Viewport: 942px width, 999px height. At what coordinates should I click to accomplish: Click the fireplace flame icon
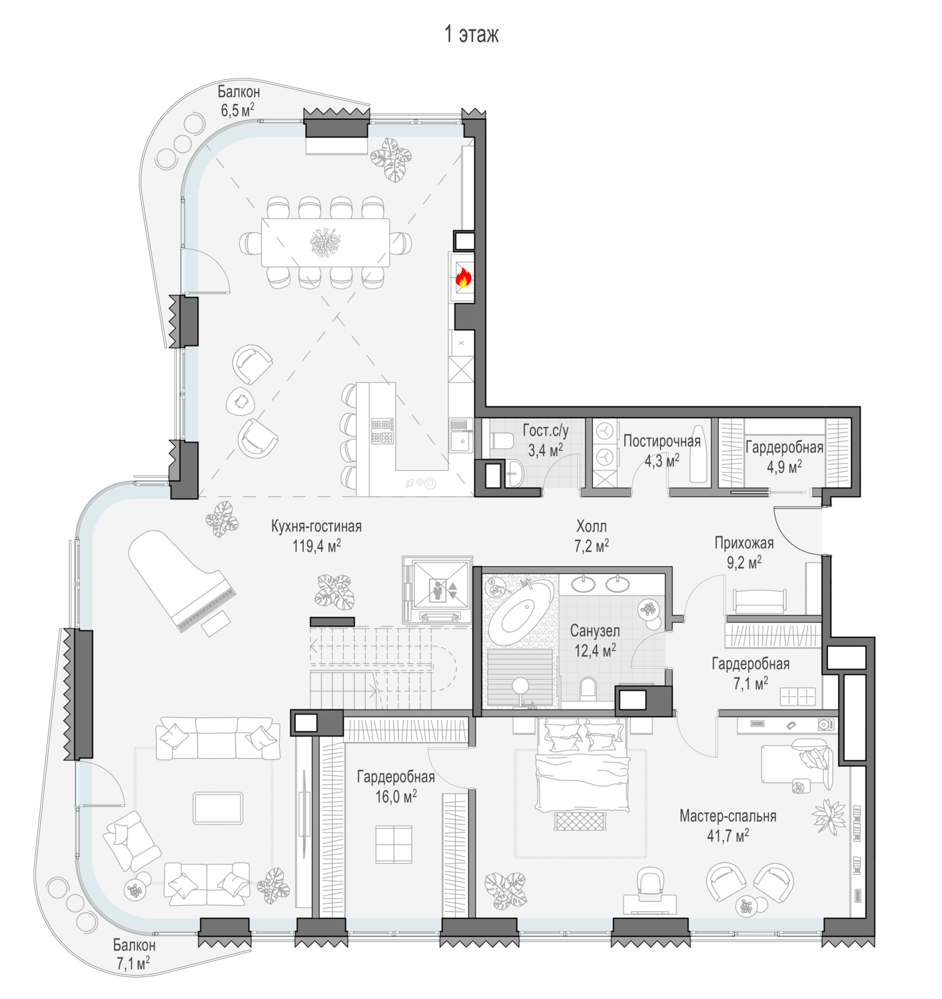463,277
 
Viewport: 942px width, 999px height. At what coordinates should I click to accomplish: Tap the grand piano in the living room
182,581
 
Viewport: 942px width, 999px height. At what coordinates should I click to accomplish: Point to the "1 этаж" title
471,34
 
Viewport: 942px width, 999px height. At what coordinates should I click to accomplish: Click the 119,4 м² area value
316,545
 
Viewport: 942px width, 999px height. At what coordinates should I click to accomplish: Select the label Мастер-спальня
727,815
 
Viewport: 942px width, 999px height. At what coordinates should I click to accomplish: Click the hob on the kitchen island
382,431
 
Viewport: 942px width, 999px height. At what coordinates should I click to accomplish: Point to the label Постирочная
662,441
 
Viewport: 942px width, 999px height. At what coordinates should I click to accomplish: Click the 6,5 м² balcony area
238,110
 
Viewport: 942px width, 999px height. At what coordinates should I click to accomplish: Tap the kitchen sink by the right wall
461,442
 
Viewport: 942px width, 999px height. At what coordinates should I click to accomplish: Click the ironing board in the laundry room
698,454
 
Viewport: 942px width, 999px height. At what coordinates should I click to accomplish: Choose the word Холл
592,527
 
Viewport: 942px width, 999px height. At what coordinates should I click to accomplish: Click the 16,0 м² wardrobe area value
396,797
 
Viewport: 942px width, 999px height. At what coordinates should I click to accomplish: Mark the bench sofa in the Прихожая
759,601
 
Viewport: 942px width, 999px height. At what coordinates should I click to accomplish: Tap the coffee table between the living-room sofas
219,808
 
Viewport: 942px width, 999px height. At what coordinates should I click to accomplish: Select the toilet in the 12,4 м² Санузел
588,687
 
